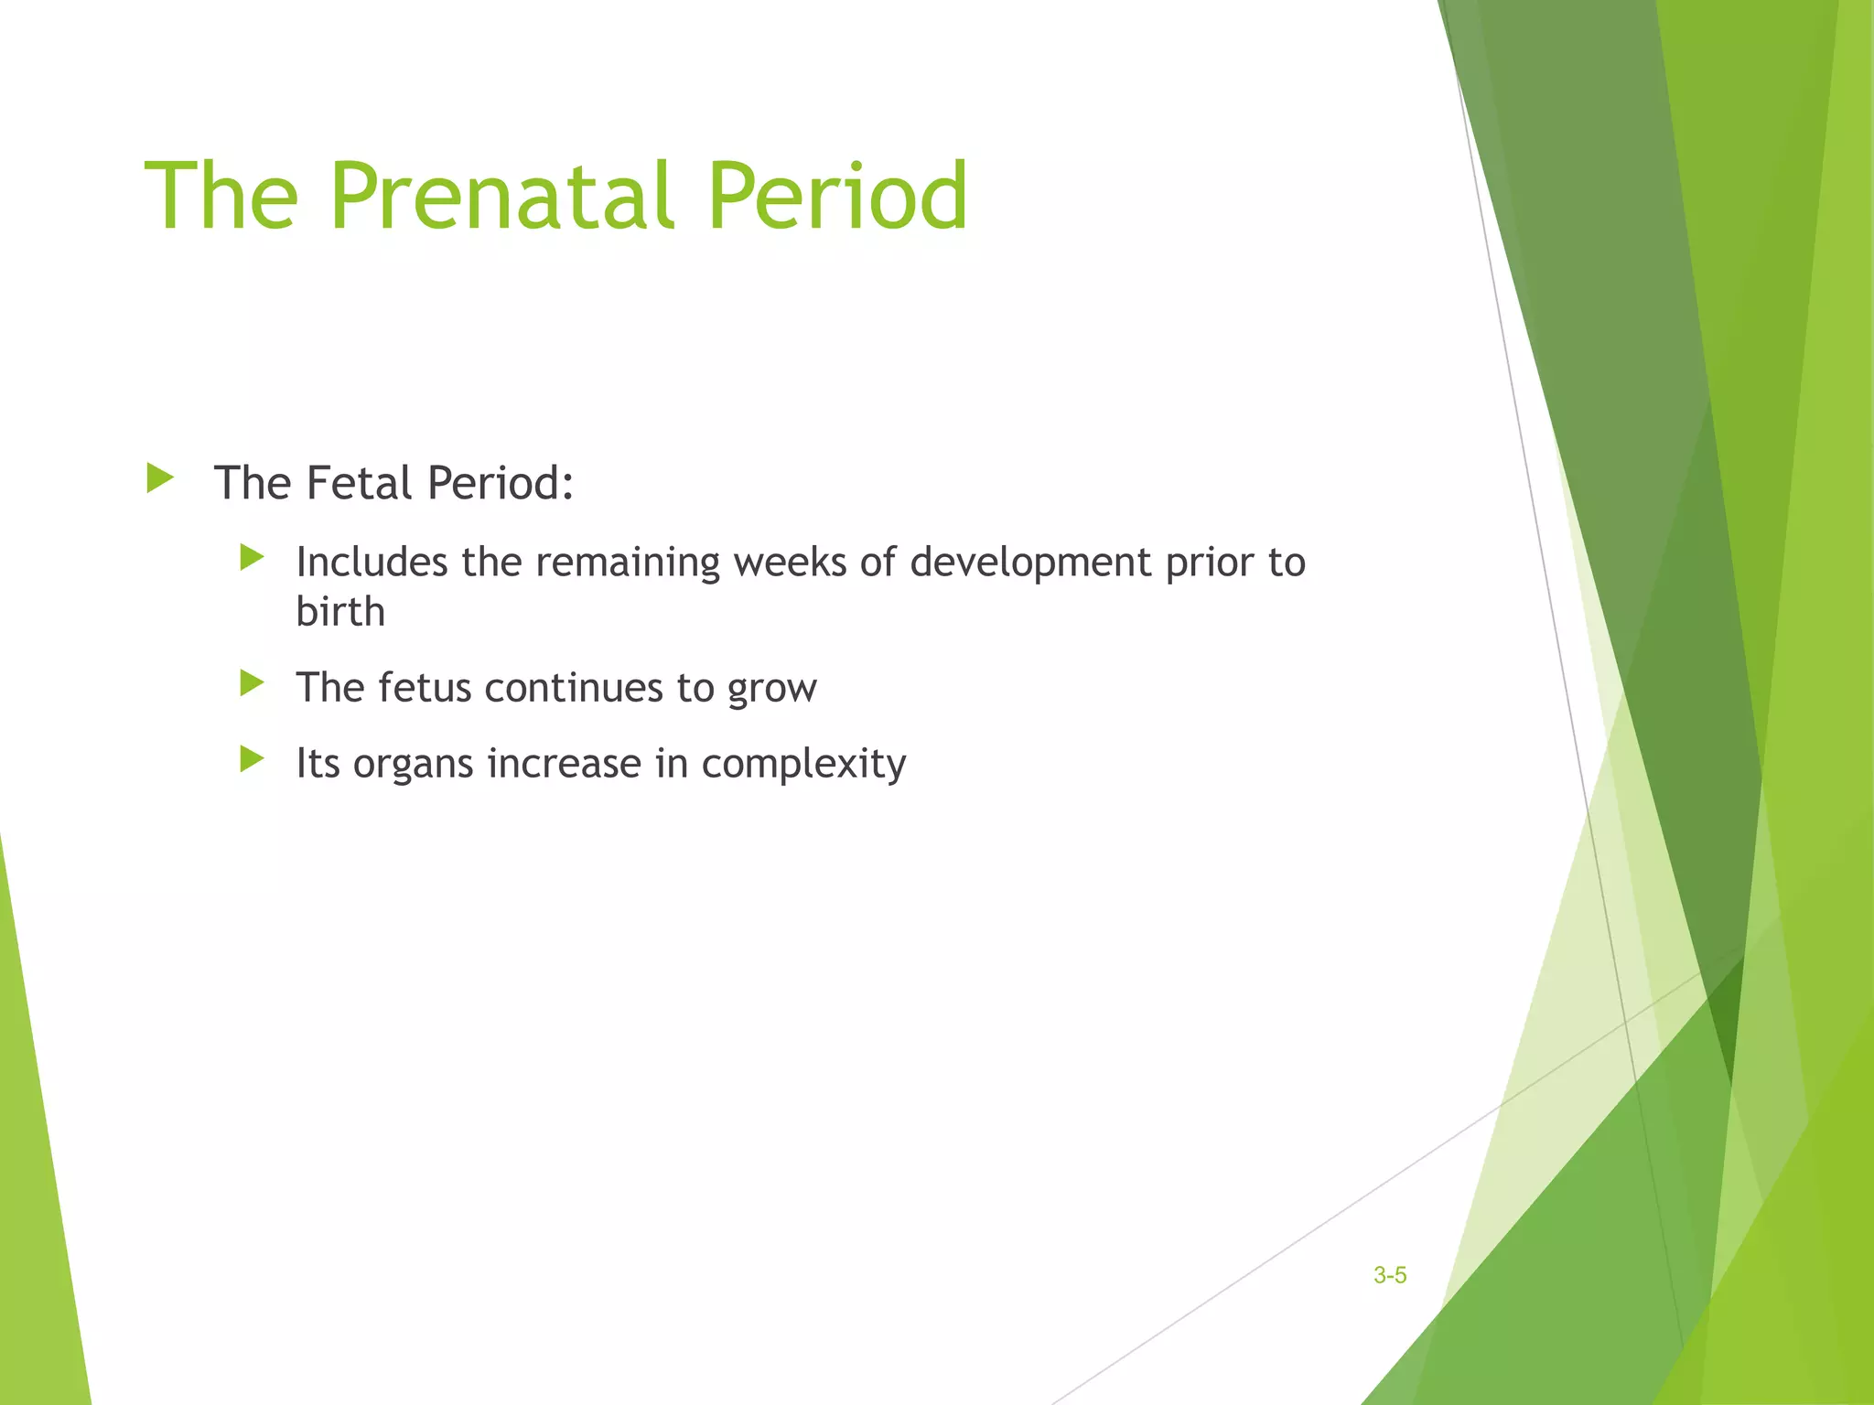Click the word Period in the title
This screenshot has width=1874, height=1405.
pyautogui.click(x=836, y=196)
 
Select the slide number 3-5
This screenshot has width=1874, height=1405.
pyautogui.click(x=1389, y=1275)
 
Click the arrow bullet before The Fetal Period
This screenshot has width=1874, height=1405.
pyautogui.click(x=159, y=478)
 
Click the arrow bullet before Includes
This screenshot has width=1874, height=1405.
pyautogui.click(x=252, y=557)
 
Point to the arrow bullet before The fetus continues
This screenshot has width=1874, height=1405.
pyautogui.click(x=252, y=683)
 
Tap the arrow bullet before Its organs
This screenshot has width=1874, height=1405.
pyautogui.click(x=252, y=758)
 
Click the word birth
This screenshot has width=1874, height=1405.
pyautogui.click(x=340, y=612)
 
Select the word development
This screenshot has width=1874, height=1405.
pyautogui.click(x=1030, y=563)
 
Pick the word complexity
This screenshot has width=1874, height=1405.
pyautogui.click(x=803, y=765)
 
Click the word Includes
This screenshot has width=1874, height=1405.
pyautogui.click(x=372, y=562)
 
